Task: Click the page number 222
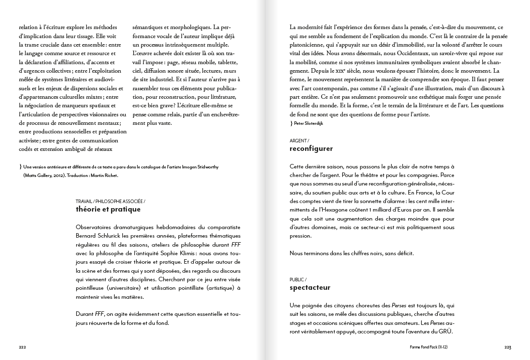click(23, 347)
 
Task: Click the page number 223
click(507, 347)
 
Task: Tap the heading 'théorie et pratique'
click(108, 209)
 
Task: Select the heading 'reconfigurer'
click(311, 148)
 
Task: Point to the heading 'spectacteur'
click(310, 287)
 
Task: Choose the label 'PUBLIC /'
click(299, 279)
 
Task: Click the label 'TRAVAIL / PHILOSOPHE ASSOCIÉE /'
click(111, 201)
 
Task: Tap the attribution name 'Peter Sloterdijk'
click(309, 123)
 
